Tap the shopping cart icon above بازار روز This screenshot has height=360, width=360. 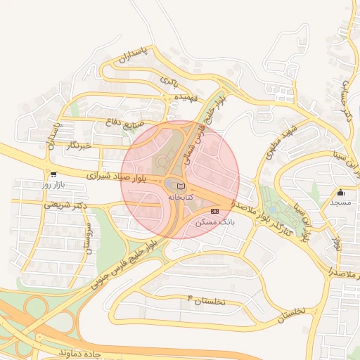click(53, 174)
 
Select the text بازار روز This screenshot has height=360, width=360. click(53, 184)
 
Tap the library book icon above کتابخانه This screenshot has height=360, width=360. click(181, 186)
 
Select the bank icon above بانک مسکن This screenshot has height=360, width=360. click(214, 211)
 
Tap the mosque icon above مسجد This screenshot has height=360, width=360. click(341, 192)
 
